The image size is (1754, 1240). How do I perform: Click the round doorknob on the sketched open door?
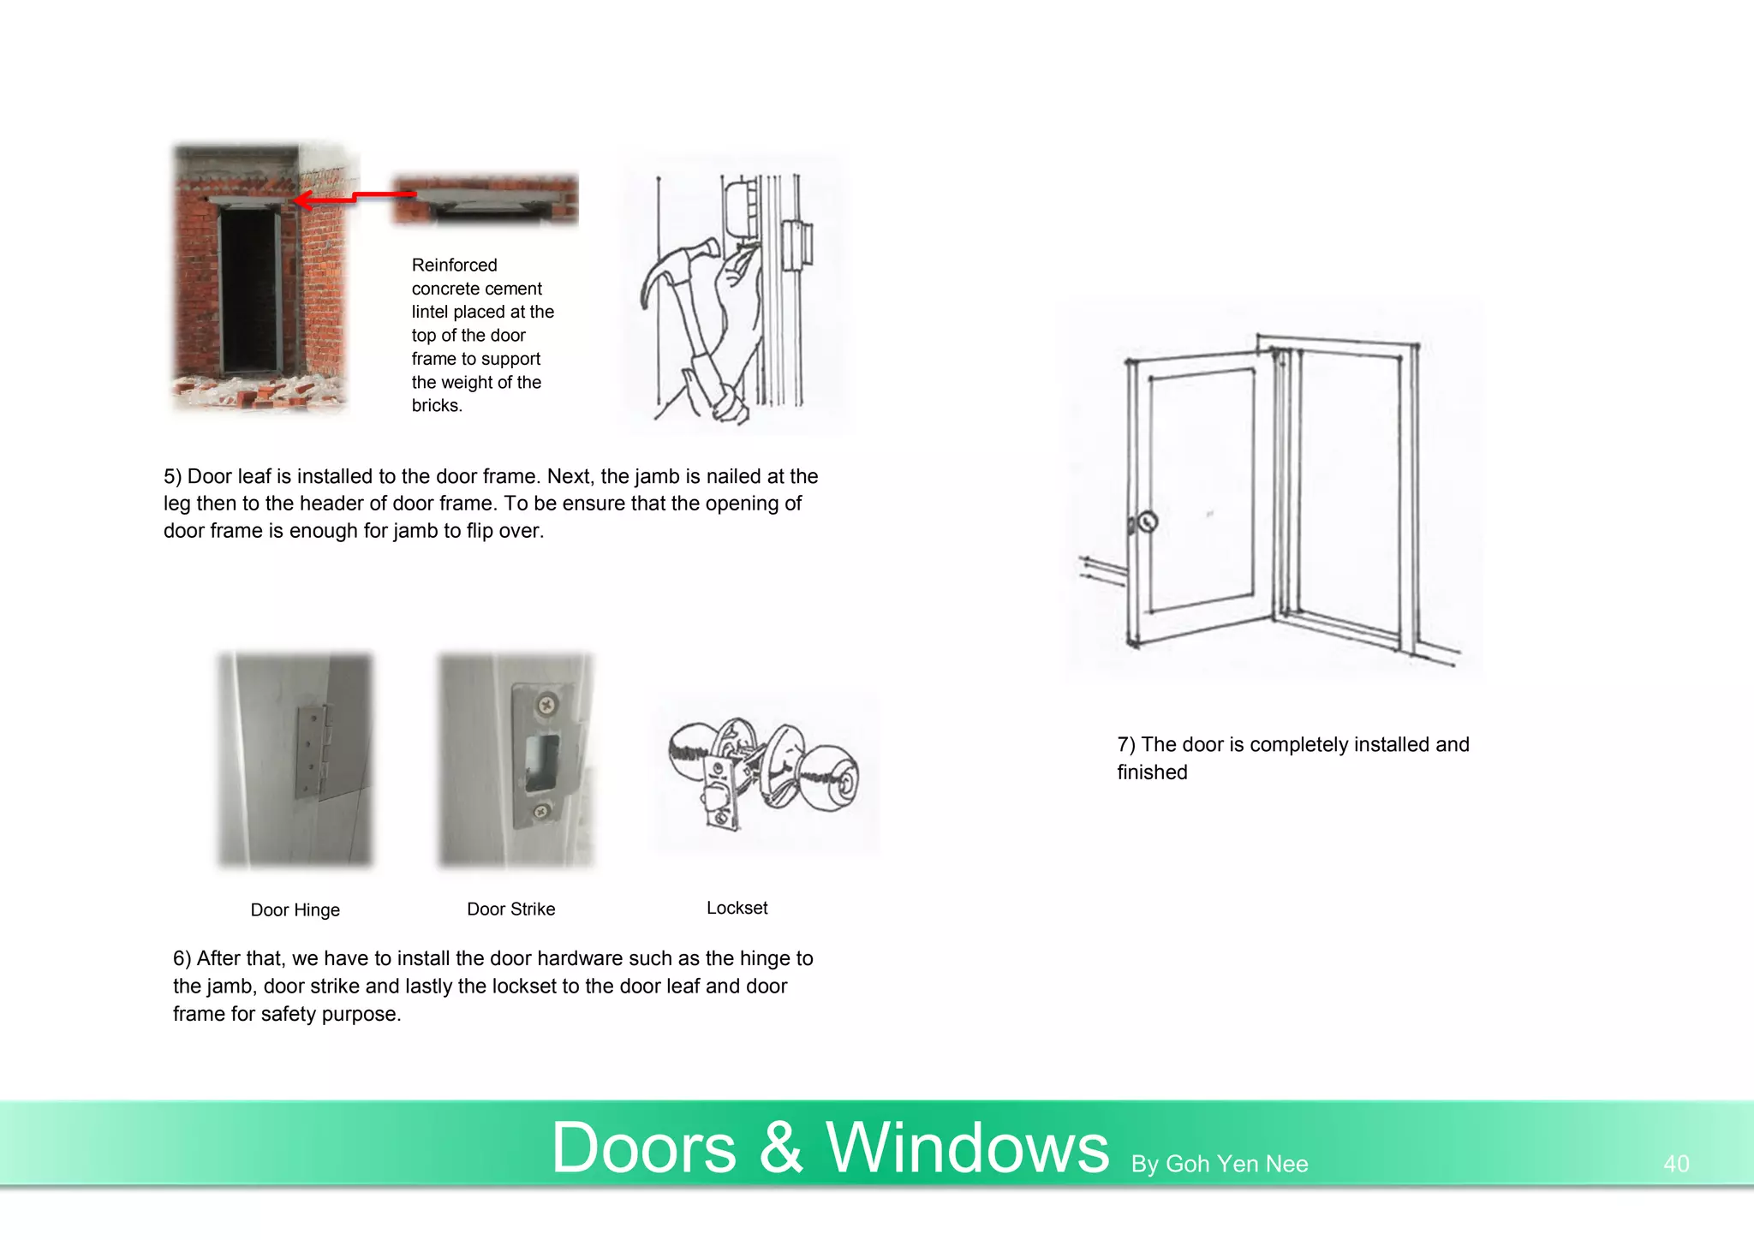[x=1148, y=521]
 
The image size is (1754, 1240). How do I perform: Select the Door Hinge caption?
[x=295, y=909]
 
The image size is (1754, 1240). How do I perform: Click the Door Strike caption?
[x=510, y=909]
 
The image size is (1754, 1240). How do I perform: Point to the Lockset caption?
[x=737, y=908]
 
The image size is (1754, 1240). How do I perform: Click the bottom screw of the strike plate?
[x=540, y=811]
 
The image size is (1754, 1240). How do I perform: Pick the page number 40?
[x=1676, y=1164]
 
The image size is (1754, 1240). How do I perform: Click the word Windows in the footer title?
[x=967, y=1147]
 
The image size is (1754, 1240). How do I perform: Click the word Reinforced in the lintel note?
[x=454, y=265]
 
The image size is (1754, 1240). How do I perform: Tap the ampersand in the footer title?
[x=780, y=1147]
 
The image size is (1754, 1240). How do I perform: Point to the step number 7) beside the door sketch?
[x=1126, y=745]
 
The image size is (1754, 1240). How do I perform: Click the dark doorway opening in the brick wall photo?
[x=249, y=291]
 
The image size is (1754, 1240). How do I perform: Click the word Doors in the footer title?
[x=644, y=1147]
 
